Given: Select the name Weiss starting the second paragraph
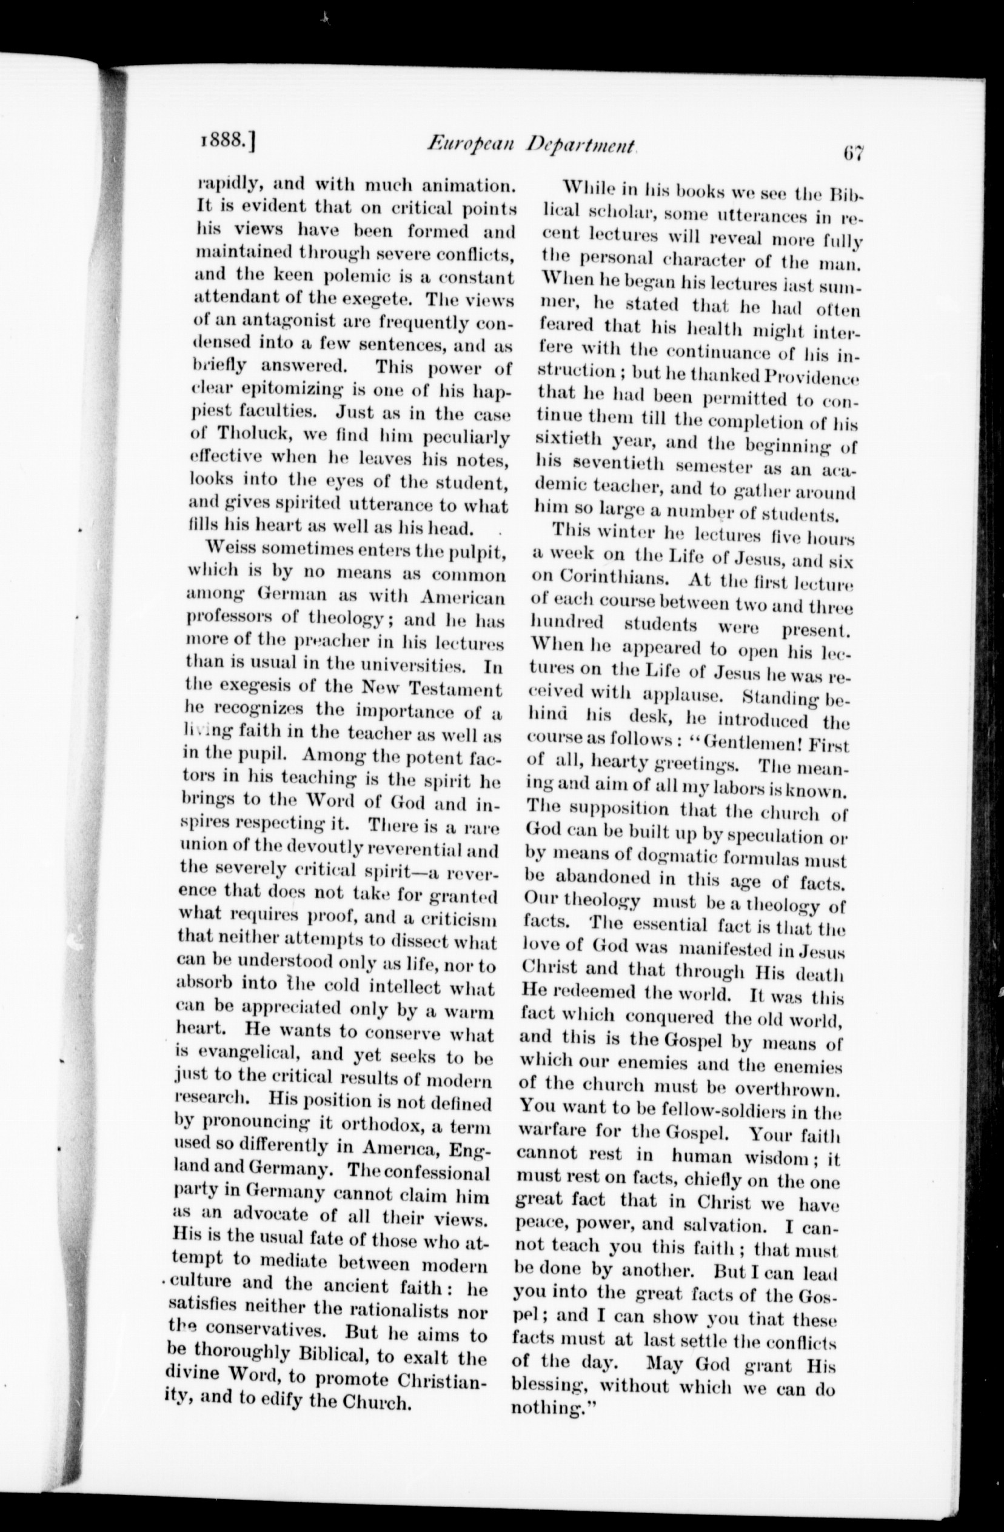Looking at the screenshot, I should (x=228, y=550).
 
